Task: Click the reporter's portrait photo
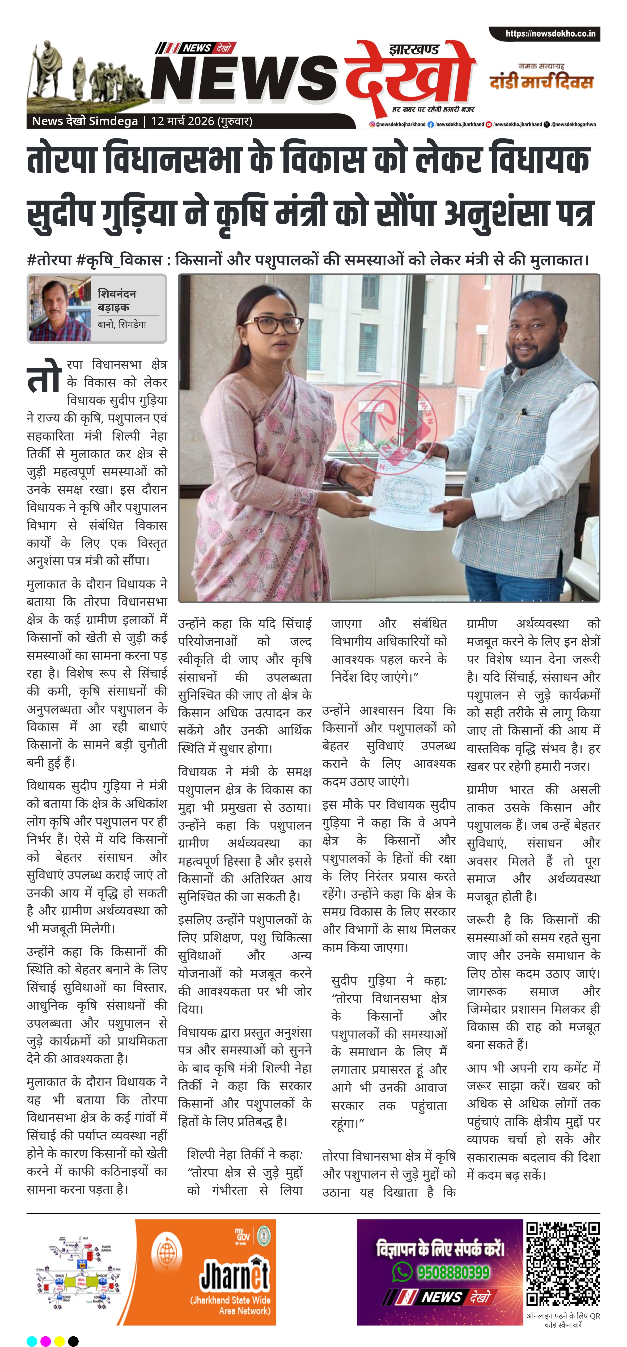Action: tap(60, 308)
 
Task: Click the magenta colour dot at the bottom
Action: tap(45, 1341)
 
